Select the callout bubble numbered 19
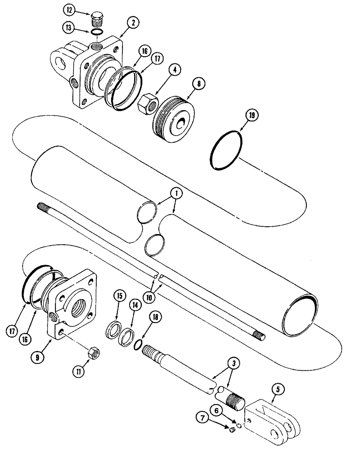pyautogui.click(x=252, y=115)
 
